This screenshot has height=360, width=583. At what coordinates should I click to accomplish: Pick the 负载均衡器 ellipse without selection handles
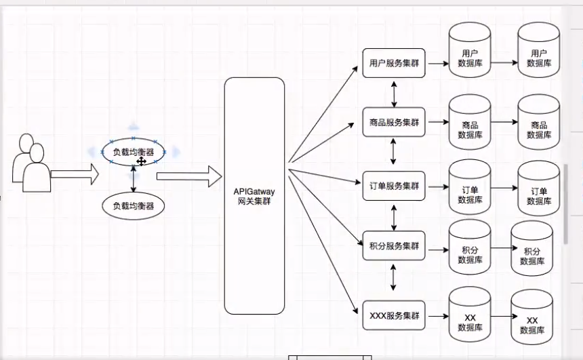tap(134, 204)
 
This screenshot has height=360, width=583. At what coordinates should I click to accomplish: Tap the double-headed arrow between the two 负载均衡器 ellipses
tap(134, 179)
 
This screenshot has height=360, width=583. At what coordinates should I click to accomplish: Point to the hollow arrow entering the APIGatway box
tap(189, 177)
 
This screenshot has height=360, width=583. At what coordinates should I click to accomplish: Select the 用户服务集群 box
tap(394, 63)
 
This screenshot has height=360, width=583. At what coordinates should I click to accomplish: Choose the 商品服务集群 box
tap(394, 123)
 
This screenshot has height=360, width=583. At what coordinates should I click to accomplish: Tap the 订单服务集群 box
tap(394, 185)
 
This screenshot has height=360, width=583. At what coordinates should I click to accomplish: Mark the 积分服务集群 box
tap(394, 245)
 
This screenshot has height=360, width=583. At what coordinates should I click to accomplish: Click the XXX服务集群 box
tap(394, 316)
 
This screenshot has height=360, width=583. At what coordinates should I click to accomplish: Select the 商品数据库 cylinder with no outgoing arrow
tap(539, 122)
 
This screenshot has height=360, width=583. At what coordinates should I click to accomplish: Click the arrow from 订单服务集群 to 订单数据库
tap(437, 186)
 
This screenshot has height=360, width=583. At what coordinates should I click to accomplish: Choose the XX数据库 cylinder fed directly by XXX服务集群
tap(470, 317)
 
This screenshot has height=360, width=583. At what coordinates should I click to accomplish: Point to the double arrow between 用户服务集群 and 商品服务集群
tap(394, 93)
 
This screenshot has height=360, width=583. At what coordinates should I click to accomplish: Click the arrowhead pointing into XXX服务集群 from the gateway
tap(356, 312)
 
